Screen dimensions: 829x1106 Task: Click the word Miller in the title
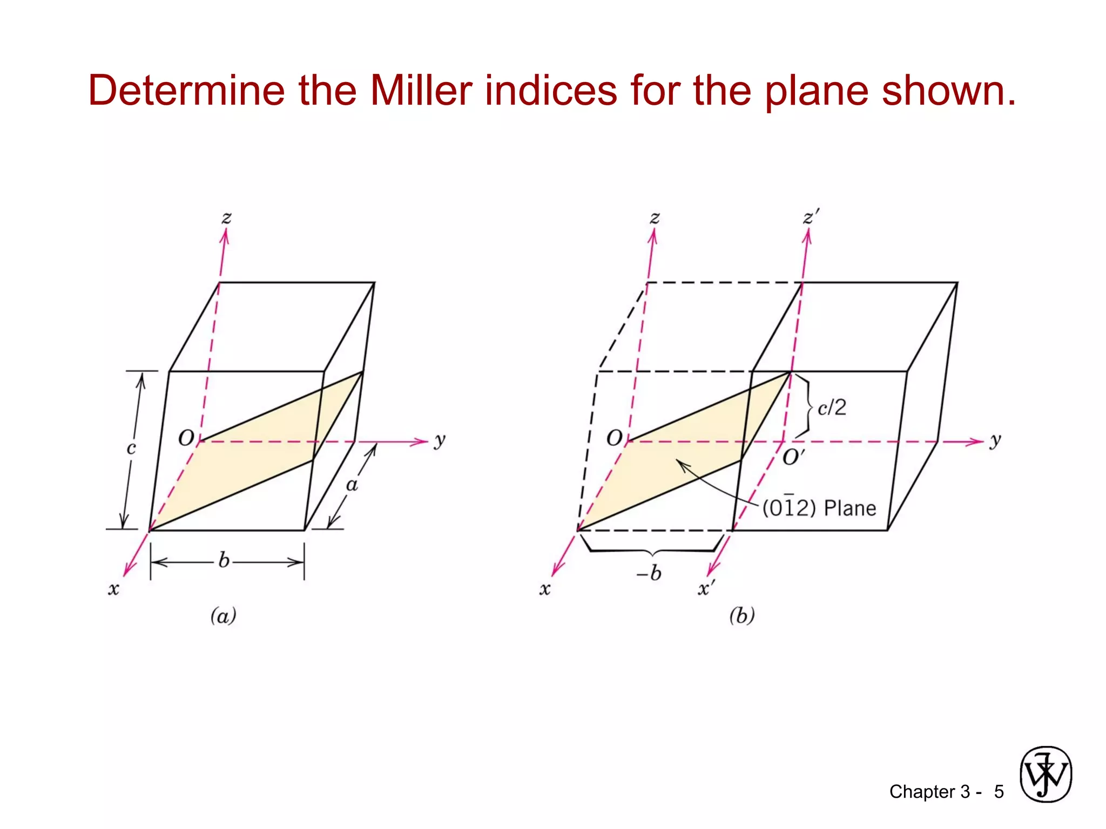[x=421, y=90]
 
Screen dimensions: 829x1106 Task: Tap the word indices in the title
[x=551, y=90]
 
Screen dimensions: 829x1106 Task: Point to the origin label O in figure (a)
[x=186, y=438]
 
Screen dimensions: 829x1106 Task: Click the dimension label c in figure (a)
[x=131, y=448]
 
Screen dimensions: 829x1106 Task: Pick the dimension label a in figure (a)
[x=352, y=485]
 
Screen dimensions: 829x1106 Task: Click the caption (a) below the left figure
[x=223, y=615]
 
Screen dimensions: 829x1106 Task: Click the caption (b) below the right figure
[x=742, y=615]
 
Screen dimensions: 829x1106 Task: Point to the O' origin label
[x=793, y=458]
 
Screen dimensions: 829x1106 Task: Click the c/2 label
[x=832, y=407]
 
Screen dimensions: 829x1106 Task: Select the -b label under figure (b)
[x=649, y=573]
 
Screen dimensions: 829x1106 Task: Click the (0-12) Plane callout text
[x=819, y=508]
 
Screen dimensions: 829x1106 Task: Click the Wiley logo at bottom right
[x=1046, y=774]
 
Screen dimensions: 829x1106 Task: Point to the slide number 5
[x=999, y=792]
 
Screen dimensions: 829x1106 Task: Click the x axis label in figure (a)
[x=113, y=588]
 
